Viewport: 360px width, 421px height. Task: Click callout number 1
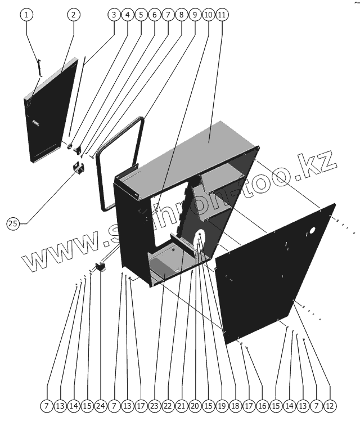coord(26,15)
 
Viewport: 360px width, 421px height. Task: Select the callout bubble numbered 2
coord(73,15)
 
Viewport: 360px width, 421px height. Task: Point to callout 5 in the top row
coord(141,15)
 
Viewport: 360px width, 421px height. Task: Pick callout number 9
coord(194,15)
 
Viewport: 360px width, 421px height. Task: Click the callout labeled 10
coord(208,15)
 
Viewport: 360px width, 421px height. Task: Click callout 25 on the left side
coord(12,223)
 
